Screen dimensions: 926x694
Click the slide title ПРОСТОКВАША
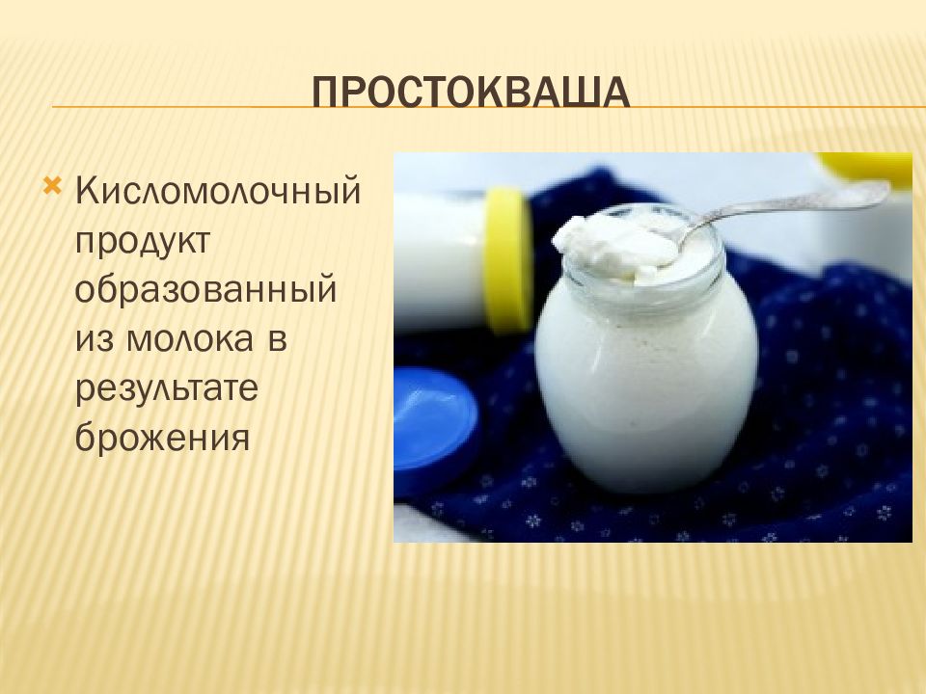[471, 93]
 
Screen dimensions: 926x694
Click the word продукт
[143, 241]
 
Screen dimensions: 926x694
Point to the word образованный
[205, 290]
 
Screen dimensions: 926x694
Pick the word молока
[190, 339]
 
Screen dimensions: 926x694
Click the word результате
[167, 389]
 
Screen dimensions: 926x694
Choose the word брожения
[162, 437]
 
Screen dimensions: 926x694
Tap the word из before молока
[94, 340]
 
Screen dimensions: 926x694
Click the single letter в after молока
[277, 340]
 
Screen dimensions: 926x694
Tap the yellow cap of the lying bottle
[508, 259]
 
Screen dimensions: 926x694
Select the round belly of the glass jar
[645, 378]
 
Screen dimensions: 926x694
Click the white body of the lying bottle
[440, 259]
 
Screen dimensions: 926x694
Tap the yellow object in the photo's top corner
[865, 168]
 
